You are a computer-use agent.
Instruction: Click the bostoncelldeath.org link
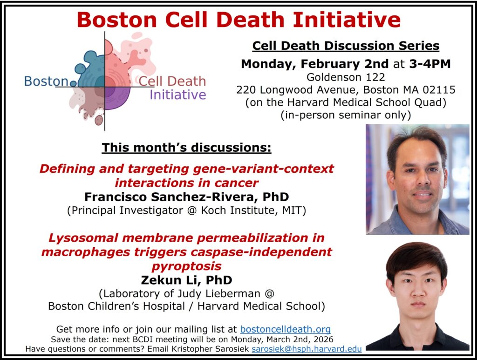[x=286, y=329]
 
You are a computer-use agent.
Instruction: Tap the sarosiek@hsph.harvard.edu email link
[x=307, y=349]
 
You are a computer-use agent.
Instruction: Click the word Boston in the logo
[x=46, y=82]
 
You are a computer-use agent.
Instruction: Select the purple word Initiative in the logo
[x=178, y=95]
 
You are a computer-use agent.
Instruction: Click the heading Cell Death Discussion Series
[x=346, y=46]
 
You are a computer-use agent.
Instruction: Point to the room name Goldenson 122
[x=346, y=77]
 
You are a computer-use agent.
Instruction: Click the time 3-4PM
[x=430, y=64]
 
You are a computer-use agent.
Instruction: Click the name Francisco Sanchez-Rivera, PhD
[x=186, y=197]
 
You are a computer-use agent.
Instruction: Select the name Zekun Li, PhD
[x=186, y=280]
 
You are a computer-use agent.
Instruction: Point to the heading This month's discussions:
[x=186, y=148]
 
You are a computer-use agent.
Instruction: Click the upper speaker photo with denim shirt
[x=417, y=179]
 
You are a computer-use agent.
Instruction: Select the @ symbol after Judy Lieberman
[x=270, y=294]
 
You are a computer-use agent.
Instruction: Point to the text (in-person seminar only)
[x=346, y=115]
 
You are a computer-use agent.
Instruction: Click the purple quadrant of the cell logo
[x=116, y=98]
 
